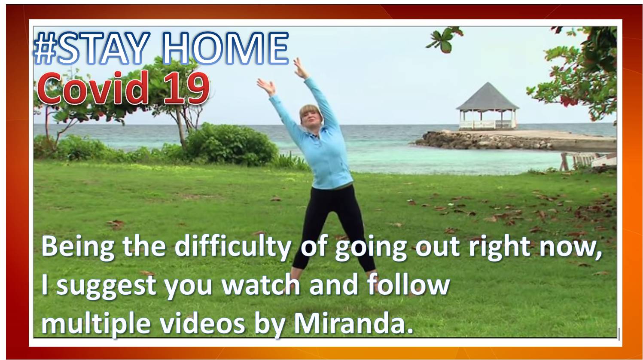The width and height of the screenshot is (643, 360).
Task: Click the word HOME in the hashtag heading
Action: [x=226, y=48]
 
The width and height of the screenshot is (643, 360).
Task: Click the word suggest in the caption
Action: [x=106, y=286]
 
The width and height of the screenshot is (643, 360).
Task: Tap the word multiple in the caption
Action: [x=96, y=324]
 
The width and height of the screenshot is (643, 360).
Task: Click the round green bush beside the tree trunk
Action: [x=231, y=145]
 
